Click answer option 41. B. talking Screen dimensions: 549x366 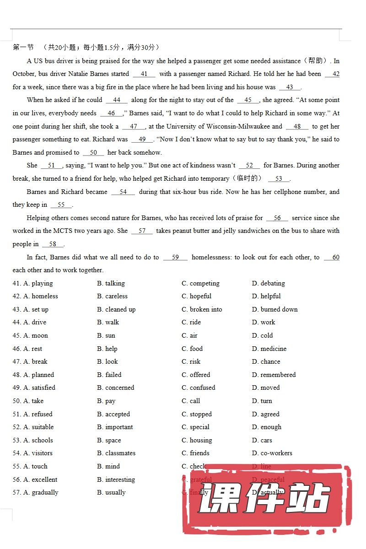click(111, 283)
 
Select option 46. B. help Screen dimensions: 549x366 click(107, 349)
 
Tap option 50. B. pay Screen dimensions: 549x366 click(106, 401)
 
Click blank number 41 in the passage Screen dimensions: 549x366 click(144, 74)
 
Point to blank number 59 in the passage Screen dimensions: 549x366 click(175, 257)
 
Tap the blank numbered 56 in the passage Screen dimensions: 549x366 click(277, 218)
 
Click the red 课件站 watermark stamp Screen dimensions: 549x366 click(265, 499)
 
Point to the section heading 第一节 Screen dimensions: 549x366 click(23, 47)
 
